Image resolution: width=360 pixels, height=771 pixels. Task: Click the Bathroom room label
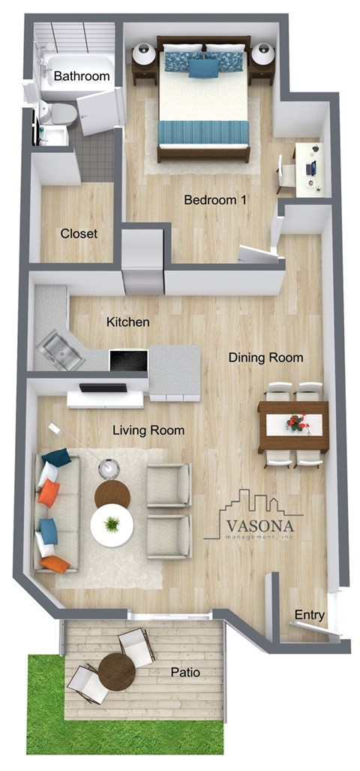pos(82,76)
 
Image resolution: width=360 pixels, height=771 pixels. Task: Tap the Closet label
pos(79,233)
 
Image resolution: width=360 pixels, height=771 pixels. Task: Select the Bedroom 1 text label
pos(216,200)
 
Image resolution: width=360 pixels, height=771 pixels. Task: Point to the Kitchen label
pos(127,322)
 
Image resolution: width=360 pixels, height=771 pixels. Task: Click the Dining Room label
pos(265,358)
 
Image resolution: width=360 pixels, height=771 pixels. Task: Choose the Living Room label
pos(148,430)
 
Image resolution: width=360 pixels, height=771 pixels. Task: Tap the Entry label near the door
pos(309,615)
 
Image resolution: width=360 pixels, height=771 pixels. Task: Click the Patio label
pos(184,673)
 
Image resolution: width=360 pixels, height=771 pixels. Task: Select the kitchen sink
pos(61,350)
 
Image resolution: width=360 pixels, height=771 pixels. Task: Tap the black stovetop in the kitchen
pos(128,360)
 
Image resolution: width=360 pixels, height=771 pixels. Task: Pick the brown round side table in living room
pos(112,495)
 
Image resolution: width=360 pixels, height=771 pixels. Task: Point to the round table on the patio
pos(116,670)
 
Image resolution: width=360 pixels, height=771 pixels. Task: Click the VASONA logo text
pos(259,523)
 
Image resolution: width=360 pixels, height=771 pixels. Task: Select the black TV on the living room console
pos(103,388)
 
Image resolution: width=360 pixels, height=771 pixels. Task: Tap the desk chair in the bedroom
pos(286,174)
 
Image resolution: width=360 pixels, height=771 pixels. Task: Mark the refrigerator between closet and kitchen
pos(142,264)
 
